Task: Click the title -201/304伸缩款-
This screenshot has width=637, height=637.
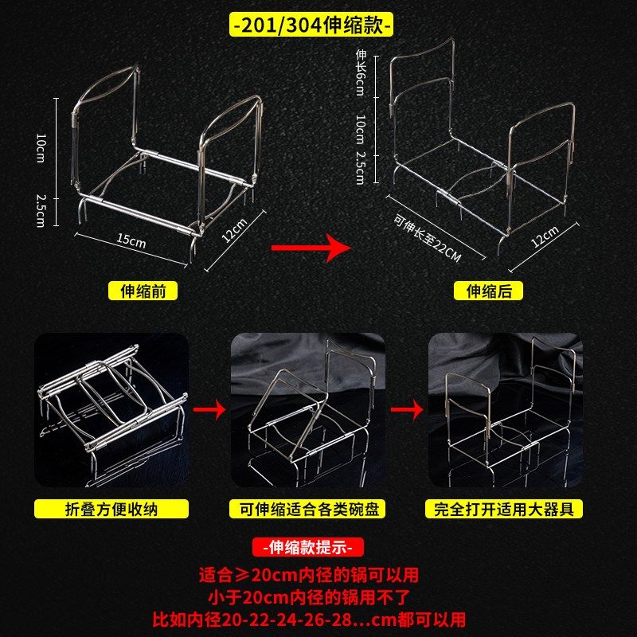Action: tap(311, 25)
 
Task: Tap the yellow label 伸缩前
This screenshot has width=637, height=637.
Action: tap(143, 291)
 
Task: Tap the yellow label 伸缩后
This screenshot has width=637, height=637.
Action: tap(494, 291)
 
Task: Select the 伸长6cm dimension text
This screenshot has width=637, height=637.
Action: tap(360, 72)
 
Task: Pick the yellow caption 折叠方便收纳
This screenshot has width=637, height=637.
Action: tap(111, 509)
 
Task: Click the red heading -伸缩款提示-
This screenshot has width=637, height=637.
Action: tap(309, 548)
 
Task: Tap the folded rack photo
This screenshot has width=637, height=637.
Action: tap(111, 410)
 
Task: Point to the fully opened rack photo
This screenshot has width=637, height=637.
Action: tap(505, 410)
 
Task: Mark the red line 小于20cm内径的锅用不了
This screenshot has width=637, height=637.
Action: tap(309, 596)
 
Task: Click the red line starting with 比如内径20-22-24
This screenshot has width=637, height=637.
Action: tap(309, 619)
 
